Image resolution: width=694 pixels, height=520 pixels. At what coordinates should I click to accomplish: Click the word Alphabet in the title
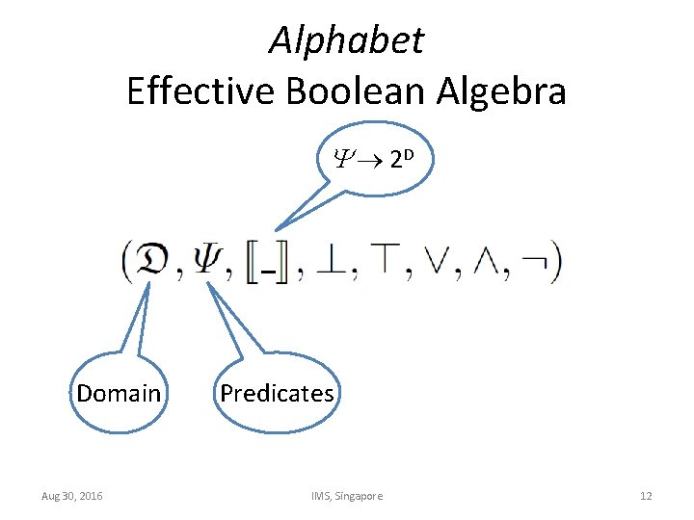pos(346,40)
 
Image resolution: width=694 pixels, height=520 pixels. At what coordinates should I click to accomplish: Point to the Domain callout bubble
pos(119,393)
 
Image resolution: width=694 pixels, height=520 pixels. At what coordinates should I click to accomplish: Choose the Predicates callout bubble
pos(277,393)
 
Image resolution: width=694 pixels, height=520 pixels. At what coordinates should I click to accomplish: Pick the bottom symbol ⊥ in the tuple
pos(333,260)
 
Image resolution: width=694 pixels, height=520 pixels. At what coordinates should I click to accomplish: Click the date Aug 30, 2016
pos(73,496)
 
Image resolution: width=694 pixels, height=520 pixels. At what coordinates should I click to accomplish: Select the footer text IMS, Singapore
pos(346,496)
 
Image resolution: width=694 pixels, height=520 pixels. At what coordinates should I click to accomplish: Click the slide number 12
pos(646,496)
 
